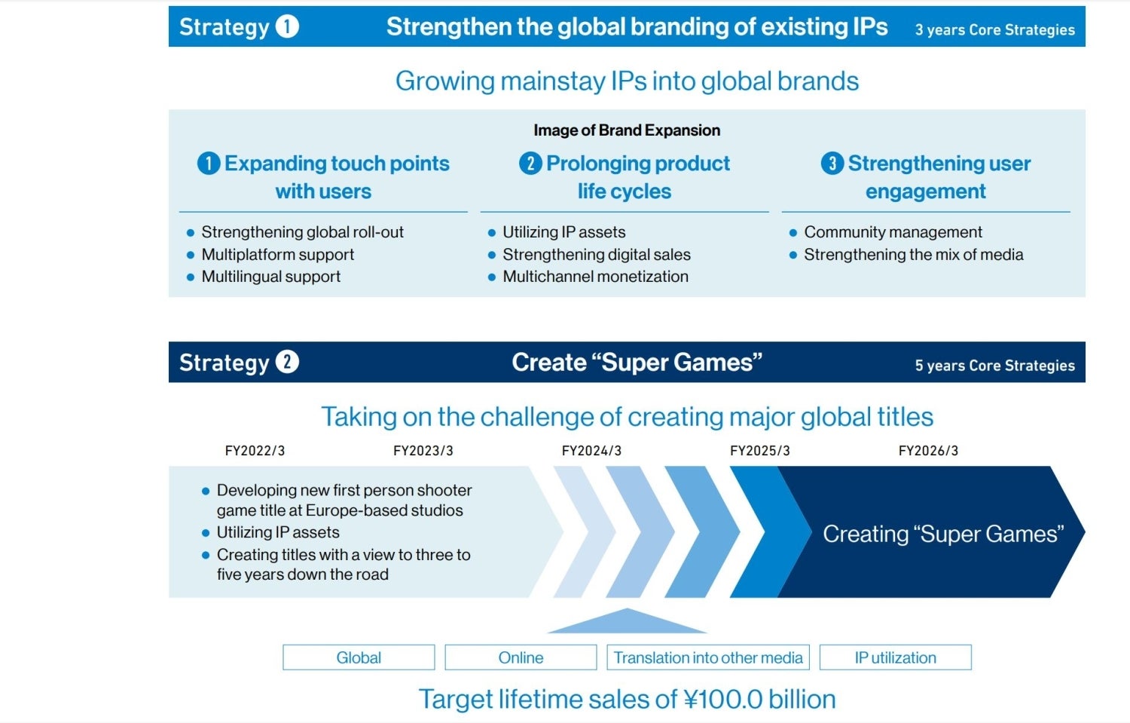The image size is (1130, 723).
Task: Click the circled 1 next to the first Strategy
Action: (287, 26)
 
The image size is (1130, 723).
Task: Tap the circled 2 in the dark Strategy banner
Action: (287, 362)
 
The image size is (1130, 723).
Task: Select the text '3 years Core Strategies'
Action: (995, 30)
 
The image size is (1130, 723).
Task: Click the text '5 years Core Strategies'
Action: (995, 366)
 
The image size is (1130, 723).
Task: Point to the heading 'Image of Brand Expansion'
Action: (627, 130)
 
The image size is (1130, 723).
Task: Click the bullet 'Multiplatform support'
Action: (277, 255)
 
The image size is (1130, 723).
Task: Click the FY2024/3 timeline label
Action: (591, 450)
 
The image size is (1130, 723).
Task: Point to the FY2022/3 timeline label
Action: (255, 450)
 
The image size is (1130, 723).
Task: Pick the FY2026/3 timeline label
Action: (928, 450)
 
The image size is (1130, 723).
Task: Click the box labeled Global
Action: (359, 657)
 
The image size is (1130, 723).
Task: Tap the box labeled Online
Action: (521, 657)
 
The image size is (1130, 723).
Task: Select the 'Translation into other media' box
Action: (708, 657)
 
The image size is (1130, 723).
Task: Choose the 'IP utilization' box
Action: (896, 657)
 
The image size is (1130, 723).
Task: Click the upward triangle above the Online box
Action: (627, 624)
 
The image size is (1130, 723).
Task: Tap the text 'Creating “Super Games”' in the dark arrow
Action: (943, 534)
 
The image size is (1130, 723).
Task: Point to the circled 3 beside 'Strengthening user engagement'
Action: (832, 163)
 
